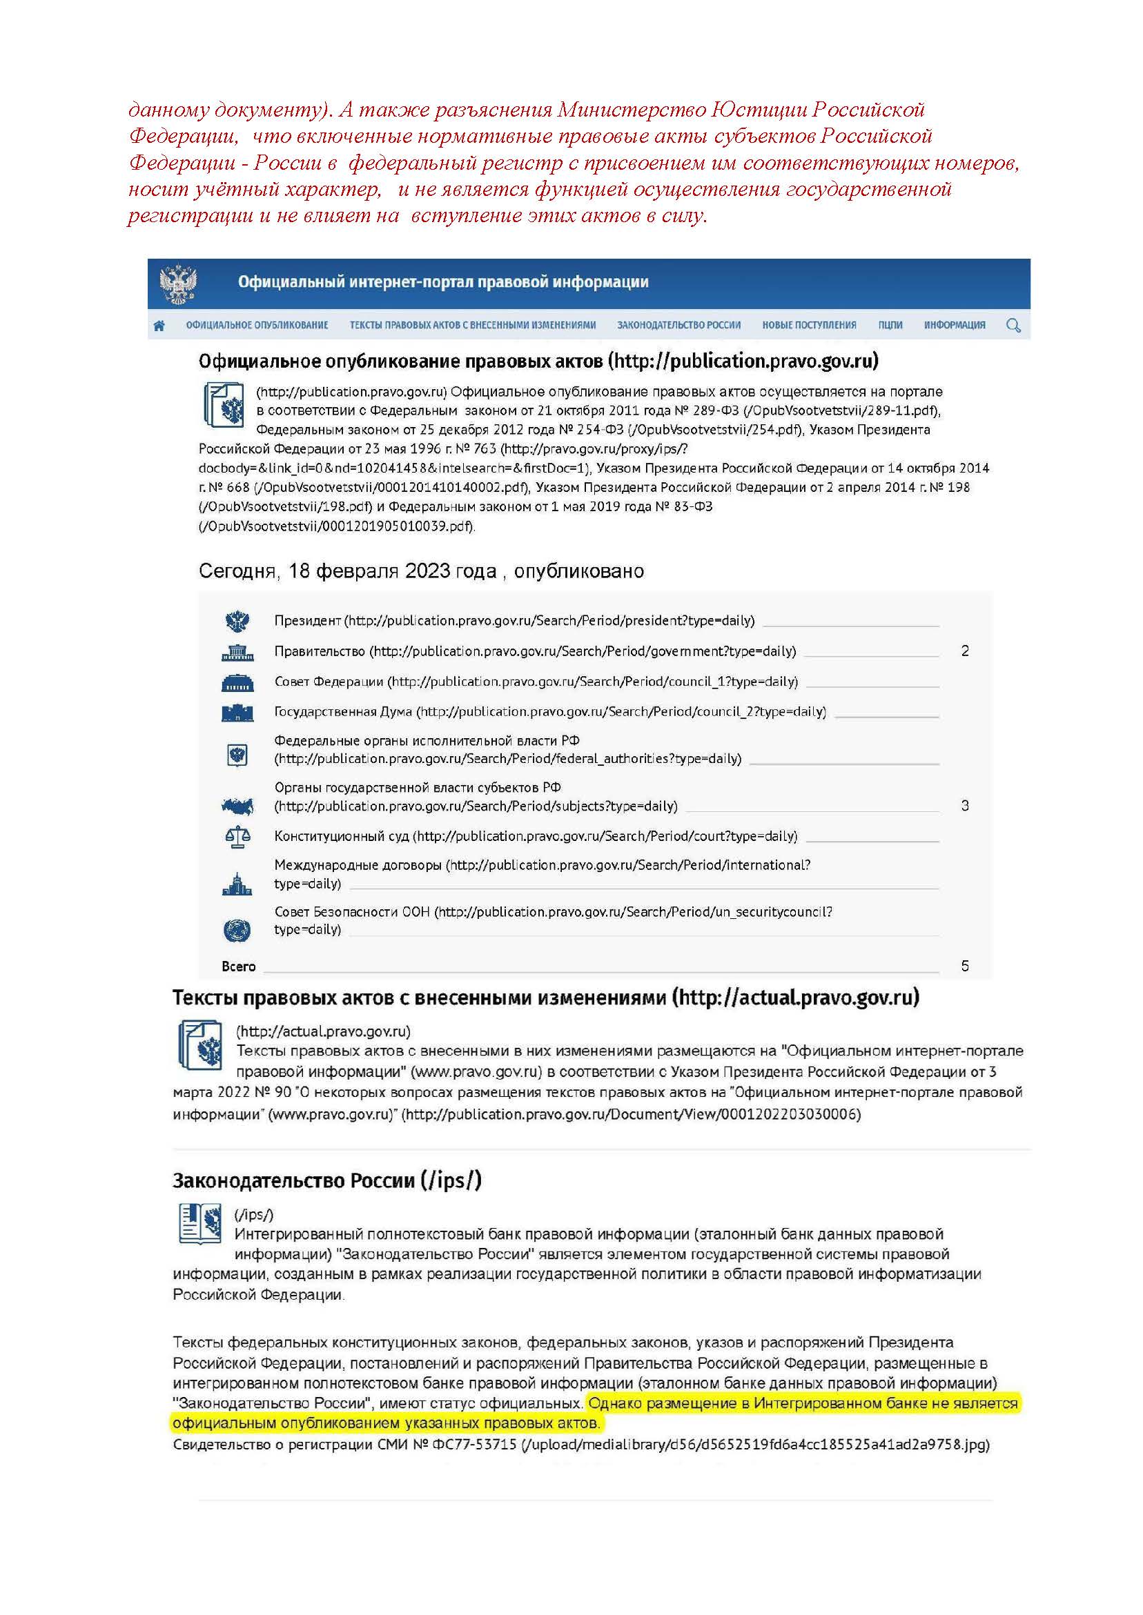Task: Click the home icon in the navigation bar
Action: (159, 325)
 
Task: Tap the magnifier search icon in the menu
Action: (1013, 325)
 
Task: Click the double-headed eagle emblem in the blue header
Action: (177, 284)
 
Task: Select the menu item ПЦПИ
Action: (890, 325)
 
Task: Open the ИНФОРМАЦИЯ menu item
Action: (955, 325)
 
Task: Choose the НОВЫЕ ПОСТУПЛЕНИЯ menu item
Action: (809, 325)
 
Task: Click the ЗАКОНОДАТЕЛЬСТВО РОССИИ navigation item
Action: (678, 325)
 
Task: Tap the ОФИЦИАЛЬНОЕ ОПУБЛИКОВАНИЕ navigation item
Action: (257, 325)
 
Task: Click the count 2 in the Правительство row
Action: (965, 651)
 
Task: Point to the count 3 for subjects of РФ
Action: (965, 805)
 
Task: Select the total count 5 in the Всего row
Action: (965, 966)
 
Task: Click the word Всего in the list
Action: (239, 967)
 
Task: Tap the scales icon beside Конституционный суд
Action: (237, 836)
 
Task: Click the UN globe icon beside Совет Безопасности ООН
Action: (237, 930)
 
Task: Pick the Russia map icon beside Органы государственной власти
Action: (237, 806)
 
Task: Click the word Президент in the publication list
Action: (308, 620)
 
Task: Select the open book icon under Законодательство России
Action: (200, 1223)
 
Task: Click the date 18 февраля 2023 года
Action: (392, 571)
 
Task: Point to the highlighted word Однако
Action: (615, 1404)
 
